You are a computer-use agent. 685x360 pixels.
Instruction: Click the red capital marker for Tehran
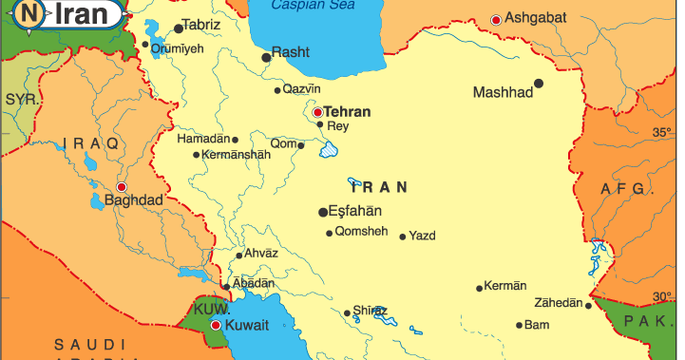[x=317, y=111]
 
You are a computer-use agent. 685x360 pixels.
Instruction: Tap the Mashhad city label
[x=503, y=92]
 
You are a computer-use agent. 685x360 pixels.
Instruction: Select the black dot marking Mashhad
[x=539, y=84]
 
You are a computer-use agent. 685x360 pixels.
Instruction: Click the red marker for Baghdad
[x=121, y=187]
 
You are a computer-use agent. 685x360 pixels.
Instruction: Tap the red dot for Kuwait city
[x=216, y=325]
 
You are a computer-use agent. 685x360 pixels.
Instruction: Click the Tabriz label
[x=200, y=25]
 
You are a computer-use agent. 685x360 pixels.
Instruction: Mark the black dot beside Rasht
[x=266, y=57]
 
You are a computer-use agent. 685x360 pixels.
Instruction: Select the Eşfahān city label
[x=354, y=211]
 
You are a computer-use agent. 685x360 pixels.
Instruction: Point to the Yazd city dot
[x=403, y=237]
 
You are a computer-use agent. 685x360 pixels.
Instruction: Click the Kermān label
[x=504, y=285]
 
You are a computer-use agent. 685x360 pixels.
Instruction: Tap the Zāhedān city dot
[x=588, y=305]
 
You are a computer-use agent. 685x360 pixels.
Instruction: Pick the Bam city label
[x=537, y=325]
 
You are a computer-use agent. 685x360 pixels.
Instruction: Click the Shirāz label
[x=370, y=311]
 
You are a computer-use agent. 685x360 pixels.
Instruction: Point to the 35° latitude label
[x=661, y=134]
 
